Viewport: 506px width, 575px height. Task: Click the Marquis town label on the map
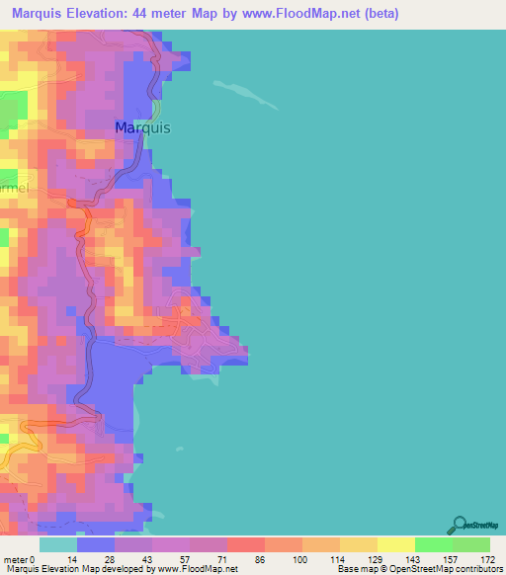[x=142, y=128]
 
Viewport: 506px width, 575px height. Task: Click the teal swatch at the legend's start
[x=58, y=544]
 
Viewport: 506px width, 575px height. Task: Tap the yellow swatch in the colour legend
[x=396, y=544]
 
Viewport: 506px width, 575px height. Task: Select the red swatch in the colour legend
[x=246, y=544]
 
